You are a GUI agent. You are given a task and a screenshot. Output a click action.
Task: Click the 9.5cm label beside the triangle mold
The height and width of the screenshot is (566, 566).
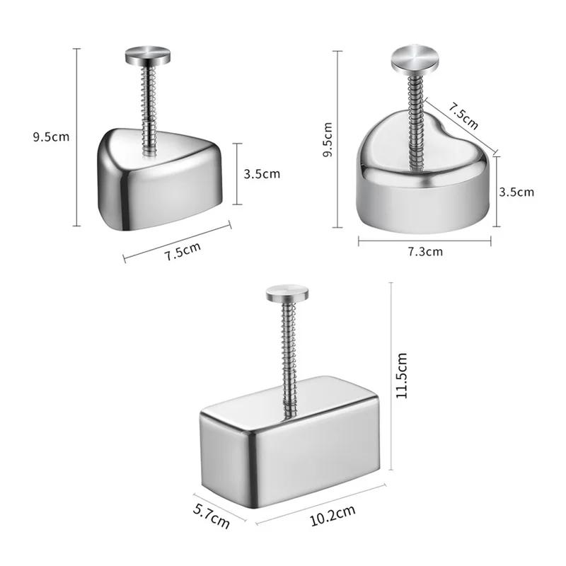tap(51, 137)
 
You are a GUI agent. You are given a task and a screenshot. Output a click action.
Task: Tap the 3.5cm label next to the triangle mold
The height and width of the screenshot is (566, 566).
tap(262, 173)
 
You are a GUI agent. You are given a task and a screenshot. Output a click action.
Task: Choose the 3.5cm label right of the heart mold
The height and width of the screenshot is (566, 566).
tap(516, 191)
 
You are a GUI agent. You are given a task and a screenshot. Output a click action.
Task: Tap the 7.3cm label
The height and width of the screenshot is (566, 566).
tap(424, 251)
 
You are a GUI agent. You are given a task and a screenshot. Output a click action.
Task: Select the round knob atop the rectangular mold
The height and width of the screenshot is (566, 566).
tap(288, 292)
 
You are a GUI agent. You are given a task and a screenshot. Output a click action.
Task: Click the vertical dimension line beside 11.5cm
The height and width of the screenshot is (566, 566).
tap(391, 375)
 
